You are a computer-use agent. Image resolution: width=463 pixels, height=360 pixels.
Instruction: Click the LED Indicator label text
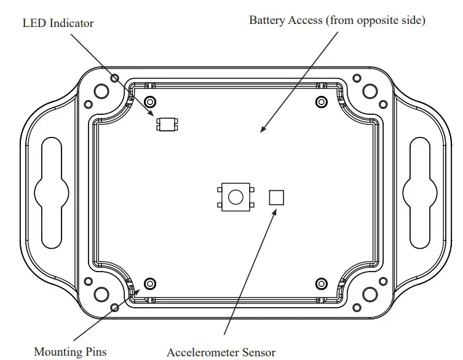coord(58,23)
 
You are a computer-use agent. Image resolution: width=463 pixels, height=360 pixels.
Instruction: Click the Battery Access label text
coord(337,20)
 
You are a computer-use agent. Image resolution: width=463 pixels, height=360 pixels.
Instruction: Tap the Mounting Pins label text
coord(70,352)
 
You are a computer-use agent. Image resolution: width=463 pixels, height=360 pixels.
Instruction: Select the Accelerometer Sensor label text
coord(221,353)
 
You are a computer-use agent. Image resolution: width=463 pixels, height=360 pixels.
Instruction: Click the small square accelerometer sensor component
coord(277,197)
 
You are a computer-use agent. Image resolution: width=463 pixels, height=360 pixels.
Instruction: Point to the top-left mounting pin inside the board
coord(149,101)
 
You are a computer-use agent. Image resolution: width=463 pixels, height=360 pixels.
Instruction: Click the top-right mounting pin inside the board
coord(321,101)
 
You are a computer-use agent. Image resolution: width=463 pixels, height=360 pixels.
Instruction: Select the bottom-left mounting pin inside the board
coord(149,283)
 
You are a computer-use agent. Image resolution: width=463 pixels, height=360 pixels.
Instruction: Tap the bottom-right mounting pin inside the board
coord(321,283)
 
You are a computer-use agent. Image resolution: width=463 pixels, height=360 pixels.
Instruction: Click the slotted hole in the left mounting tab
coord(52,192)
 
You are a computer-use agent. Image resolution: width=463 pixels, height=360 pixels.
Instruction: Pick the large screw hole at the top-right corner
coord(370,91)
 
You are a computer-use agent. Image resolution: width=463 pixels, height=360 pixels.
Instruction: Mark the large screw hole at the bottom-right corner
coord(370,294)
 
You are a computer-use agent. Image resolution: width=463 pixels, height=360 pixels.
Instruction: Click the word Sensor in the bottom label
coord(259,353)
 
